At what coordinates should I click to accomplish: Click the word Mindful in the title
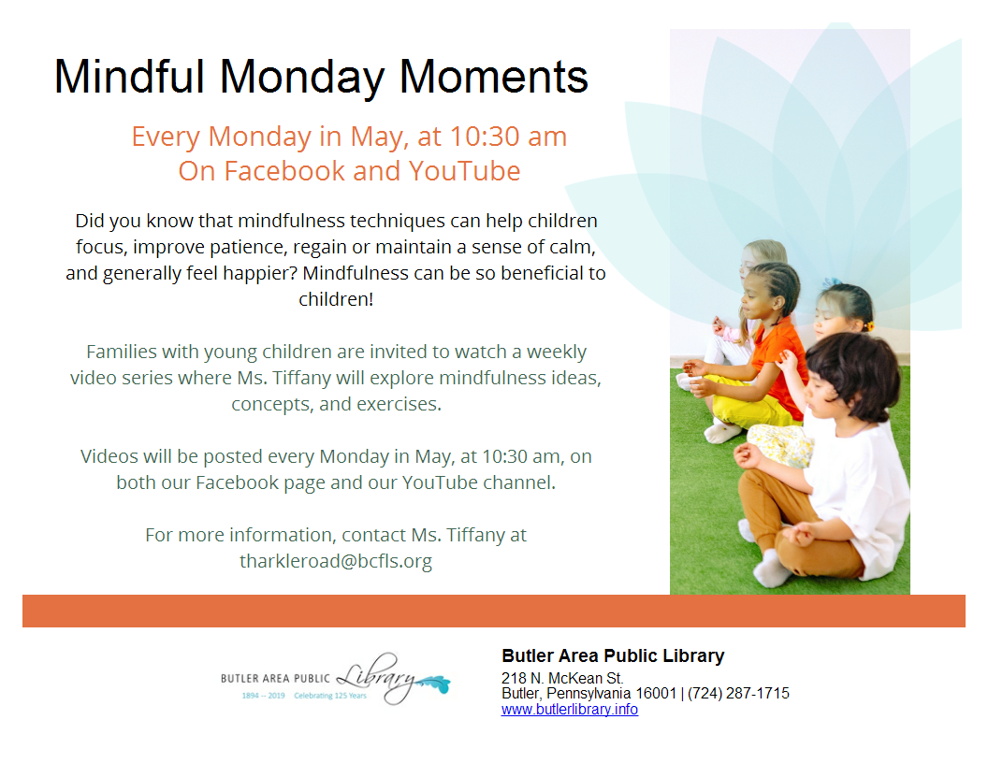[x=129, y=76]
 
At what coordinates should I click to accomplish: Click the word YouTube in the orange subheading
[x=464, y=170]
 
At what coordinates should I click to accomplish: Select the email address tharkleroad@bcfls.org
[x=336, y=560]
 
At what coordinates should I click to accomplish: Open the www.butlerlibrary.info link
[x=570, y=710]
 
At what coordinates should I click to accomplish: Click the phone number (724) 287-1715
[x=738, y=693]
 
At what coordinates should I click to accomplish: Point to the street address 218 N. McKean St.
[x=562, y=678]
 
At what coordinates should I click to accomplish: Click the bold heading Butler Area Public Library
[x=613, y=656]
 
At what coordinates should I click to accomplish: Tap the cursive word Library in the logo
[x=377, y=678]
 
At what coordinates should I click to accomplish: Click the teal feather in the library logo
[x=435, y=683]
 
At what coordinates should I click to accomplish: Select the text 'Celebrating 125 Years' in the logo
[x=330, y=696]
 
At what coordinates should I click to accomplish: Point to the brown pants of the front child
[x=788, y=524]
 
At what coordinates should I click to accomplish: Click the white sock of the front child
[x=770, y=569]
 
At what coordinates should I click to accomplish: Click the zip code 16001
[x=656, y=693]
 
